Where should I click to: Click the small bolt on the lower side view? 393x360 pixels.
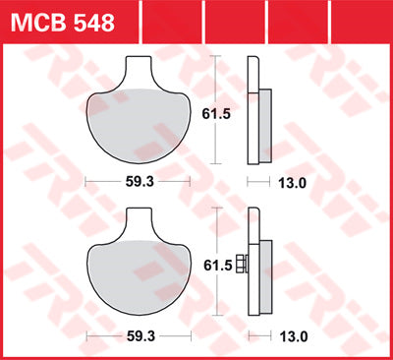pyautogui.click(x=242, y=268)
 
